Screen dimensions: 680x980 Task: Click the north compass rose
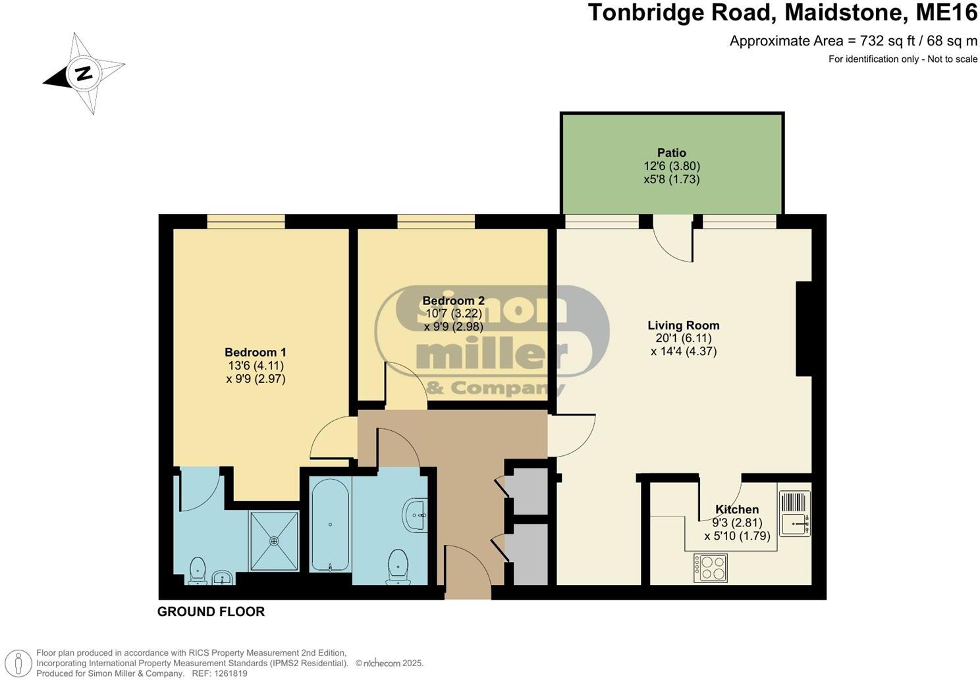coord(84,73)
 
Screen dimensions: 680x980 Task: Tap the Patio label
coord(671,153)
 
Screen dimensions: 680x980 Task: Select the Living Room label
coord(683,325)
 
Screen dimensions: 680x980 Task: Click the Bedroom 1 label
coord(255,353)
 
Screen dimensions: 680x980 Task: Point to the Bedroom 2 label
coord(453,300)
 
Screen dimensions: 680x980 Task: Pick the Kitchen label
coord(737,509)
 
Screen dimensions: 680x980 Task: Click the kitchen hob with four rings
coord(711,568)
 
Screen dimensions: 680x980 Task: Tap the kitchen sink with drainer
coord(795,513)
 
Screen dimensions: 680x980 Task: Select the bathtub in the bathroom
coord(330,524)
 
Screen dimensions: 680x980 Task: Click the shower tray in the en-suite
coord(274,540)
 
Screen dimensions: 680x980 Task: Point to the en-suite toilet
coord(197,571)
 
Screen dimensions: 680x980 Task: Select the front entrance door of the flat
coord(468,572)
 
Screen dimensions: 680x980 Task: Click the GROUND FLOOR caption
coord(211,611)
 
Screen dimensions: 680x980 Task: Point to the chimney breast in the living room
coord(803,329)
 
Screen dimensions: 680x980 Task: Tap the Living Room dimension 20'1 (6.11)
coord(683,338)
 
